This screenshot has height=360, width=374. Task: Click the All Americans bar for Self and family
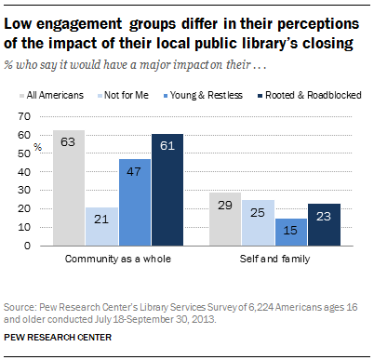tap(227, 220)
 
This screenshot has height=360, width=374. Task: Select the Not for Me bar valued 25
tap(260, 224)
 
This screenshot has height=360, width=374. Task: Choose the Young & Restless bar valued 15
tap(292, 233)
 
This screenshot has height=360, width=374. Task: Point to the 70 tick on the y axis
tap(39, 117)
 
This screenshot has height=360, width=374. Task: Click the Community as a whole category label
tap(117, 258)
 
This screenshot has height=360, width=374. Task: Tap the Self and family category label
tap(276, 258)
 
